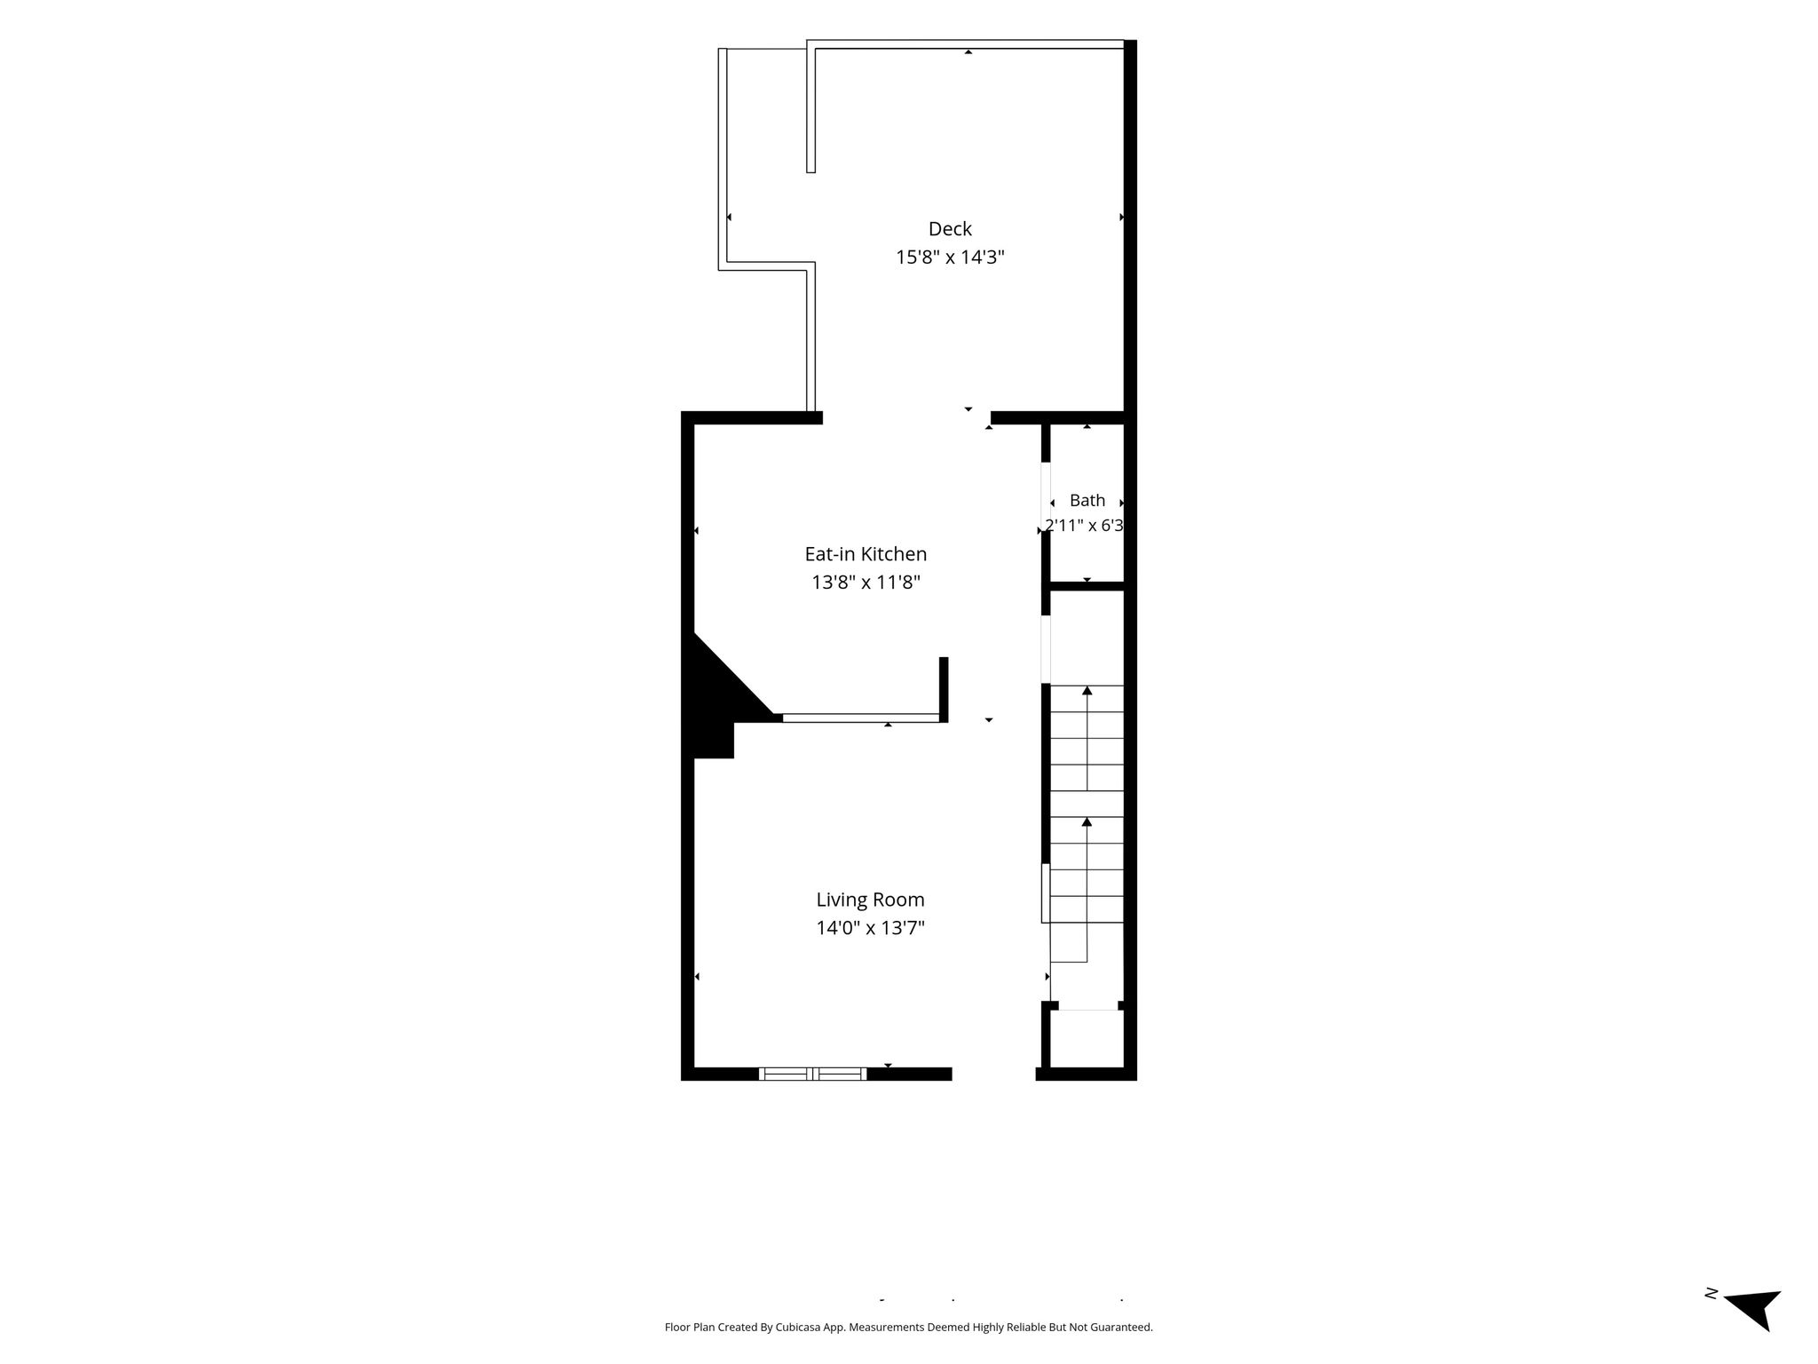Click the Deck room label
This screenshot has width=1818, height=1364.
[x=950, y=229]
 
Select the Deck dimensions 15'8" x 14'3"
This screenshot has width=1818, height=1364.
[x=950, y=258]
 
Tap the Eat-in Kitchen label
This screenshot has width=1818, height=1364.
[x=866, y=554]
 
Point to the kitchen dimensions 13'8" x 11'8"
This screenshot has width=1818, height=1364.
[x=866, y=583]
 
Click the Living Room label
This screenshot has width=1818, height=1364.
[x=870, y=900]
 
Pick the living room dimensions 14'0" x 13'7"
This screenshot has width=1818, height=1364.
[x=870, y=928]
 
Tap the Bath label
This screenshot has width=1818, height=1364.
[x=1087, y=500]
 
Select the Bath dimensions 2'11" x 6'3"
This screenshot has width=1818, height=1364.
[x=1085, y=526]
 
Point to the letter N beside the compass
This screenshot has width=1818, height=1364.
[x=1710, y=1319]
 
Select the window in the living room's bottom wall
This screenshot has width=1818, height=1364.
[x=813, y=1074]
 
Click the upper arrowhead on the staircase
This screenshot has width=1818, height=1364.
[x=1087, y=690]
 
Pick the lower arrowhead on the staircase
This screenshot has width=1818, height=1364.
[x=1087, y=821]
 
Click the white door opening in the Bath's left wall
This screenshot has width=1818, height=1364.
[x=1046, y=496]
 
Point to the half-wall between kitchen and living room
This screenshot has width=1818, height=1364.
[x=861, y=718]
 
